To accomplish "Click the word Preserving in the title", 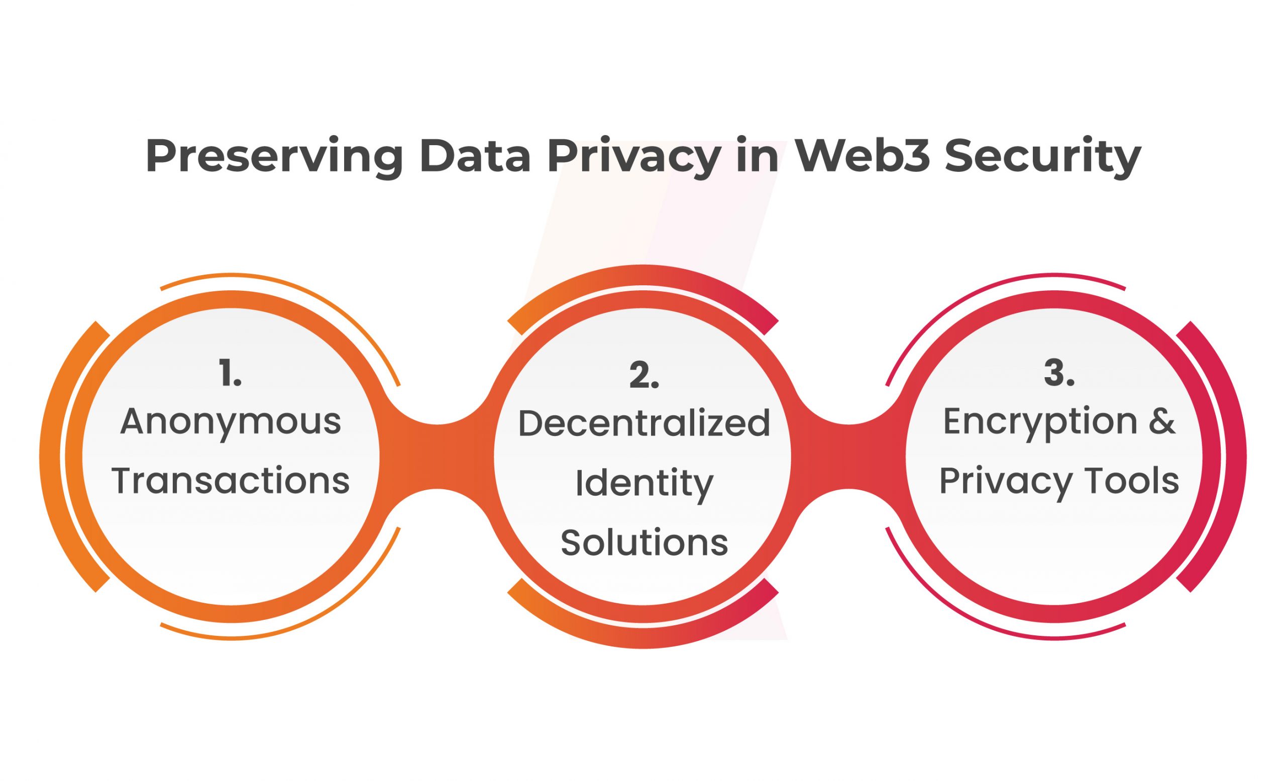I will [273, 156].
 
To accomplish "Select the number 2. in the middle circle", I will [644, 375].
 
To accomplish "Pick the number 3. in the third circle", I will [1058, 374].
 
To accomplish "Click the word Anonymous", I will [231, 421].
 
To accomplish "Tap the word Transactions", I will [231, 481].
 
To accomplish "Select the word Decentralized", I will [644, 423].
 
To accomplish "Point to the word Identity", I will [644, 484].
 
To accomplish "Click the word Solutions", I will [644, 542].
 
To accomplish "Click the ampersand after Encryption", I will [1162, 421].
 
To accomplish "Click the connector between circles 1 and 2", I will [438, 457].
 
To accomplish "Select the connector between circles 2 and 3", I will [848, 457].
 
